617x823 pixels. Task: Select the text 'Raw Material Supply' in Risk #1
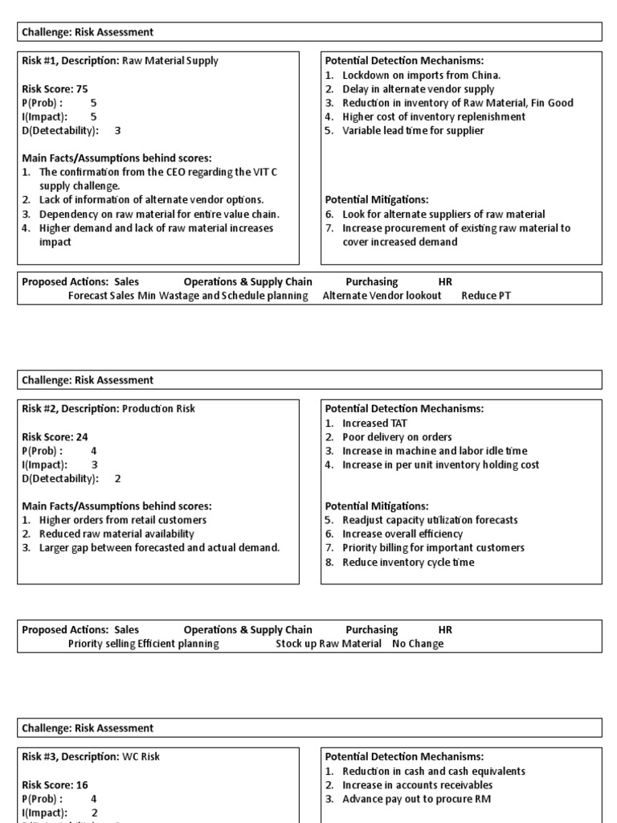pyautogui.click(x=170, y=60)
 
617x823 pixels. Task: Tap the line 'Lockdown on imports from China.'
pyautogui.click(x=421, y=75)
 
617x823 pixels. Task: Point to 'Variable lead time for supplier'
pyautogui.click(x=413, y=130)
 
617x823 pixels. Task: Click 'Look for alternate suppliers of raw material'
pyautogui.click(x=443, y=214)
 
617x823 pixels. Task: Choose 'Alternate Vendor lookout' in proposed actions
pyautogui.click(x=382, y=296)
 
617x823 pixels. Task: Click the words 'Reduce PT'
pyautogui.click(x=486, y=296)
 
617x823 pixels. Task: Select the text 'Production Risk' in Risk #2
pyautogui.click(x=158, y=408)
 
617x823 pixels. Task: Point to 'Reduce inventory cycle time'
pyautogui.click(x=408, y=562)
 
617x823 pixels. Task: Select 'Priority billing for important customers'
pyautogui.click(x=433, y=547)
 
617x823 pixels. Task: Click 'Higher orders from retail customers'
pyautogui.click(x=123, y=520)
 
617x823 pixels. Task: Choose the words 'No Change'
pyautogui.click(x=418, y=644)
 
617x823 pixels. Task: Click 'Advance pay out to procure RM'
pyautogui.click(x=416, y=799)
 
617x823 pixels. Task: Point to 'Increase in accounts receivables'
pyautogui.click(x=417, y=785)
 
